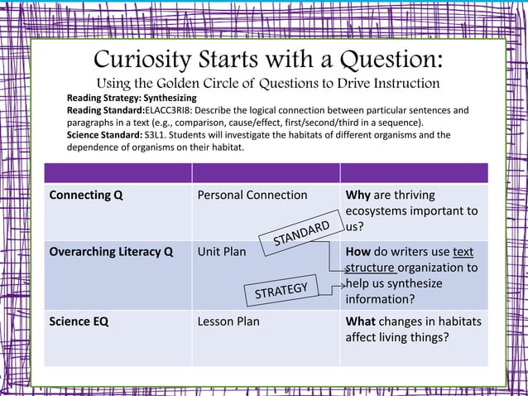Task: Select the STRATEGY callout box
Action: pyautogui.click(x=281, y=291)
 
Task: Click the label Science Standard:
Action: pyautogui.click(x=104, y=134)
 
